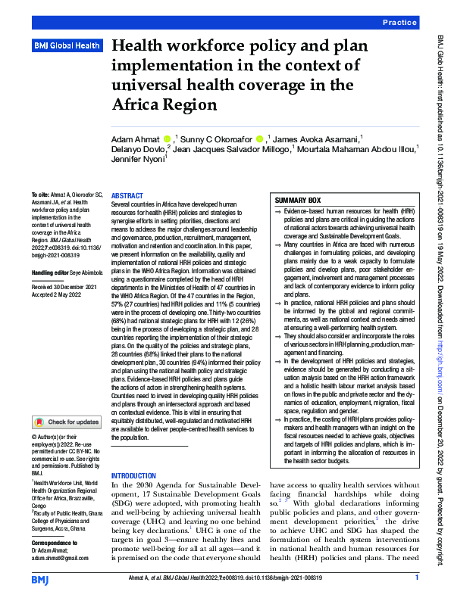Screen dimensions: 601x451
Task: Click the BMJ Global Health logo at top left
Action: pyautogui.click(x=67, y=45)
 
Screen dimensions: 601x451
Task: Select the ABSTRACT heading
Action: pyautogui.click(x=127, y=195)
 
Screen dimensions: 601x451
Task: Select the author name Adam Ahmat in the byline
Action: pyautogui.click(x=134, y=139)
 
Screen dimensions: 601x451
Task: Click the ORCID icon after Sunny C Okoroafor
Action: pyautogui.click(x=258, y=139)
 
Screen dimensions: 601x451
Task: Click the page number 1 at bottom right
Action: pyautogui.click(x=417, y=578)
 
